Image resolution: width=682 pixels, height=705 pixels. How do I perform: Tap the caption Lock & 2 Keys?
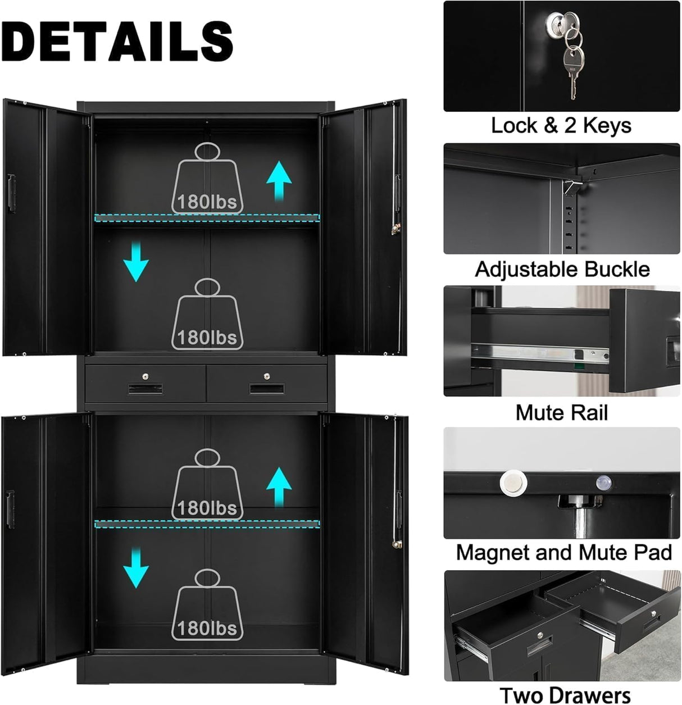coord(561,125)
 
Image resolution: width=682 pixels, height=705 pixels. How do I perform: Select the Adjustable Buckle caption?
coord(562,269)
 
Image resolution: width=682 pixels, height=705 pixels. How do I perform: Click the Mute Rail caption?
coord(561,413)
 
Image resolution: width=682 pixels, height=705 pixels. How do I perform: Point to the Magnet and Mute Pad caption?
coord(563,552)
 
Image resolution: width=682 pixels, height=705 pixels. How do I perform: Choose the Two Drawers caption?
coord(565,695)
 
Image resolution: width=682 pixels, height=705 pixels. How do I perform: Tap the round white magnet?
coord(513,482)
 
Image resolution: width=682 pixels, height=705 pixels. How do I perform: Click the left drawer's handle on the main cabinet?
coord(146,389)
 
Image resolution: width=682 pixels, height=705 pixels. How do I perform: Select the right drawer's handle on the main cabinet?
coord(267,389)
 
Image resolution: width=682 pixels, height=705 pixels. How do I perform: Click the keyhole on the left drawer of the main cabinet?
coord(146,376)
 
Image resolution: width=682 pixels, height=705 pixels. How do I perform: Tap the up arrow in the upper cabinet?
coord(279,180)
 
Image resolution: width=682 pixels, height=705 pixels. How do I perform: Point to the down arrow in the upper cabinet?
coord(136,261)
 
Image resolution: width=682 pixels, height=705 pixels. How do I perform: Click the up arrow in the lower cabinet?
coord(279,486)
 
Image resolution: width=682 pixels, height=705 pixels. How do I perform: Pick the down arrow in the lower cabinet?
coord(136,568)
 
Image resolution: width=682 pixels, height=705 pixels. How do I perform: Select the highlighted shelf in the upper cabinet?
coord(207,217)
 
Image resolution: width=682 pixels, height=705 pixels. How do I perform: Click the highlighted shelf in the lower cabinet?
coord(207,524)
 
